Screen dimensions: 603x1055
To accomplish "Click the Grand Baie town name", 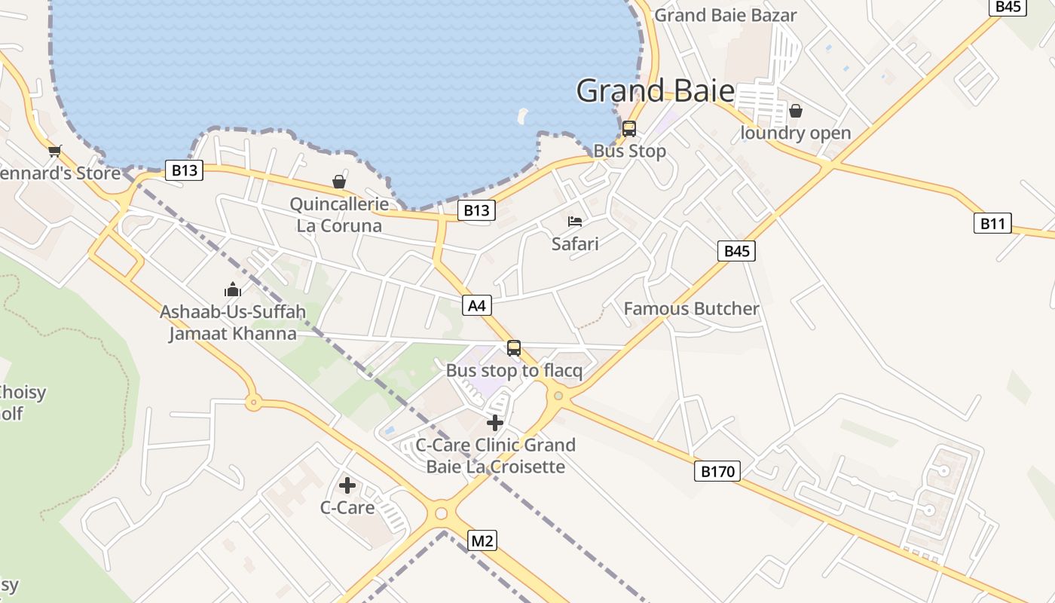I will pyautogui.click(x=655, y=91).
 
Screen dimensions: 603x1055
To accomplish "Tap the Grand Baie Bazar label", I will pyautogui.click(x=725, y=15).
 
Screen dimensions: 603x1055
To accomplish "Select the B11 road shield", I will pyautogui.click(x=992, y=223).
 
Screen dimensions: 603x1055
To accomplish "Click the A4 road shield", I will pyautogui.click(x=477, y=305).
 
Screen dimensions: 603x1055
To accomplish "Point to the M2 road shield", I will pyautogui.click(x=482, y=540).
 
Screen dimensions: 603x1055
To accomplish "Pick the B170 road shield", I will pyautogui.click(x=717, y=472).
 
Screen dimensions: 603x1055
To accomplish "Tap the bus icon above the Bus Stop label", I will pyautogui.click(x=629, y=129).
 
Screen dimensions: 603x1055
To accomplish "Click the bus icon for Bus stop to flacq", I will pyautogui.click(x=514, y=348).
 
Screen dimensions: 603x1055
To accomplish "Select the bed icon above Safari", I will pyautogui.click(x=575, y=222).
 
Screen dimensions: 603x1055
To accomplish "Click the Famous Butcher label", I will pyautogui.click(x=691, y=309).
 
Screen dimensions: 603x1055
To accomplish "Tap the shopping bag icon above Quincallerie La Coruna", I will pyautogui.click(x=339, y=182).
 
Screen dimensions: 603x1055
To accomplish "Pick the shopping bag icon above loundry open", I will pyautogui.click(x=795, y=112).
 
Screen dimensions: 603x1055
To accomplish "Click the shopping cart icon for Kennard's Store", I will pyautogui.click(x=54, y=151).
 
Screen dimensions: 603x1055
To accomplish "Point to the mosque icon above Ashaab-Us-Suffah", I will pyautogui.click(x=233, y=289).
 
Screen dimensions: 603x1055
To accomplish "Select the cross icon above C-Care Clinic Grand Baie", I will pyautogui.click(x=495, y=423).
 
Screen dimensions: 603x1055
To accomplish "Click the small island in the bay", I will pyautogui.click(x=521, y=116).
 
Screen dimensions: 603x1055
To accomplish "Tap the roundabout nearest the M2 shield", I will pyautogui.click(x=441, y=515).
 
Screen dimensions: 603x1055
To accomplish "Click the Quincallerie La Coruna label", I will pyautogui.click(x=339, y=215).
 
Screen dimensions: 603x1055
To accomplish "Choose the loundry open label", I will pyautogui.click(x=796, y=133).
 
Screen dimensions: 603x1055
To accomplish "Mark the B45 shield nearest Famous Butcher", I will pyautogui.click(x=736, y=251).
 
